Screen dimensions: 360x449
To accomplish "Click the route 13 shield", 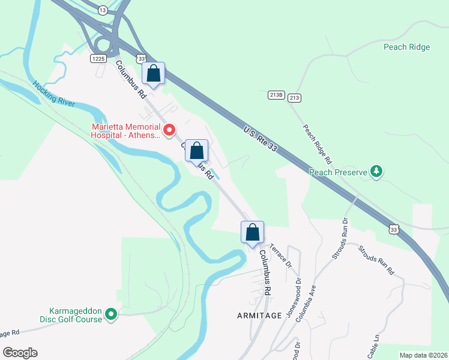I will [103, 10].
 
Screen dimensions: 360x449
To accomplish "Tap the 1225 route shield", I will [99, 58].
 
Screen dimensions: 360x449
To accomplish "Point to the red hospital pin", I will [170, 130].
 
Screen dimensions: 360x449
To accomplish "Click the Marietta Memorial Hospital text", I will [125, 131].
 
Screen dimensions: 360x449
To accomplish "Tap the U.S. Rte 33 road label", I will [260, 139].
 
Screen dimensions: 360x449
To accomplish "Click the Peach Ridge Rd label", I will [317, 145].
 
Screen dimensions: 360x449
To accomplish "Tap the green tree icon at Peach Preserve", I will [376, 172].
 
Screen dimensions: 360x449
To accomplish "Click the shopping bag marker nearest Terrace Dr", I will [253, 232].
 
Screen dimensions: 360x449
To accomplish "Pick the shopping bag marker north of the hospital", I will [154, 74].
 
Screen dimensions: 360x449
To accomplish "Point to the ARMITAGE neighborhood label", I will [259, 316].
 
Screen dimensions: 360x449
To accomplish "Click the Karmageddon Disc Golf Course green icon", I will [110, 314].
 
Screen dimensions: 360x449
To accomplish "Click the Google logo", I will [20, 353].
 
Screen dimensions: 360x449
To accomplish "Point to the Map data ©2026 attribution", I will [423, 355].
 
